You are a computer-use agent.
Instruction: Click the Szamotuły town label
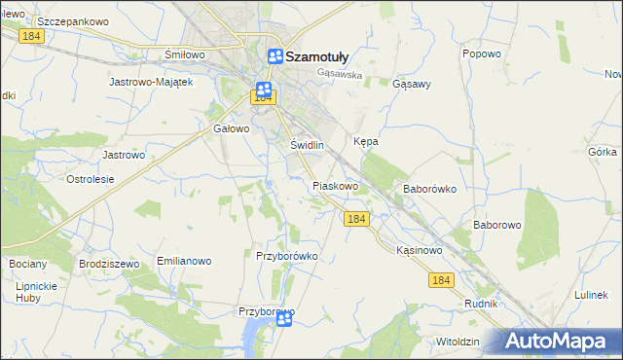point(315,56)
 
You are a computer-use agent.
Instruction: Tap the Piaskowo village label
point(336,185)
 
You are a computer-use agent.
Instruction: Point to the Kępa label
point(365,141)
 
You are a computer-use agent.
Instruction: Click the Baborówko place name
point(429,189)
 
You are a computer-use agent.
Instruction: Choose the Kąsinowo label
point(420,250)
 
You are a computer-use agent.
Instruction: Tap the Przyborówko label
point(286,256)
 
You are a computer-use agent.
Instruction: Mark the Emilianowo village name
point(184,262)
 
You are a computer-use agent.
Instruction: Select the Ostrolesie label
point(91,179)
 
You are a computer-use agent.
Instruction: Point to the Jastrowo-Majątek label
point(153,82)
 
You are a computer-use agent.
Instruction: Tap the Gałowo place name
point(232,127)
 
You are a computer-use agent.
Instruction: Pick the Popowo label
point(482,54)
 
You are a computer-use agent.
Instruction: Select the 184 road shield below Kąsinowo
point(441,280)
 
